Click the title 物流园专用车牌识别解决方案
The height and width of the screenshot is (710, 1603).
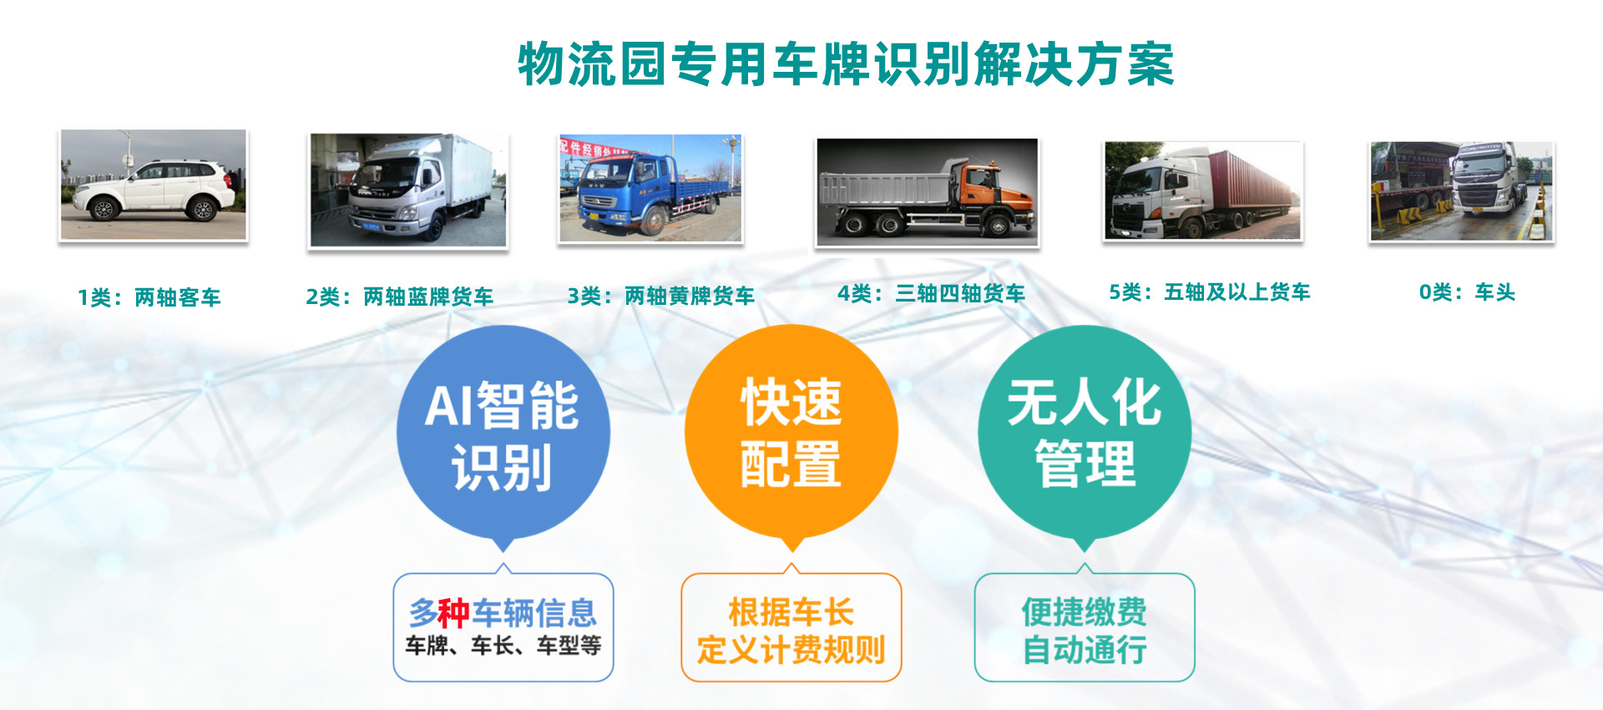(846, 64)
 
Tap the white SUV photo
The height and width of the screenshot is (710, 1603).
(154, 185)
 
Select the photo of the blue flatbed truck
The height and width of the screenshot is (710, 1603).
(650, 189)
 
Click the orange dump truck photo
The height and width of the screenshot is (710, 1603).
(927, 192)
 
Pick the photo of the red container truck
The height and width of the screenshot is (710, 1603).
(1203, 190)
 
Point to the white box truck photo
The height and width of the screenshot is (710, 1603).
(408, 190)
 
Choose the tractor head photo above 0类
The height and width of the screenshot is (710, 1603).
(1462, 191)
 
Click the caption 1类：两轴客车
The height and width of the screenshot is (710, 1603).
(149, 297)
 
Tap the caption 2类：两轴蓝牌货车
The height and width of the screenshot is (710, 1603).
(400, 297)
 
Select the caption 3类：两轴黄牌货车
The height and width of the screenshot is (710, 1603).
(661, 296)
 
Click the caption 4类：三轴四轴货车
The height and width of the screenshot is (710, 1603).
(932, 293)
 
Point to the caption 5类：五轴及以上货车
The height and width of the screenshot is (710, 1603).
(1210, 292)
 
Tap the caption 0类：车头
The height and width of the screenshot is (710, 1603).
(1467, 292)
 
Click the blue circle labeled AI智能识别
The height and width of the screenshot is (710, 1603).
(503, 433)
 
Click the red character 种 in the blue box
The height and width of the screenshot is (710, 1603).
(454, 613)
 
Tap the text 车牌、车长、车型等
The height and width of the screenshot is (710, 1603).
(503, 646)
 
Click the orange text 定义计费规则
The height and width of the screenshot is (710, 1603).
(791, 649)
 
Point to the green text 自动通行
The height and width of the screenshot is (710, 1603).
(1085, 649)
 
